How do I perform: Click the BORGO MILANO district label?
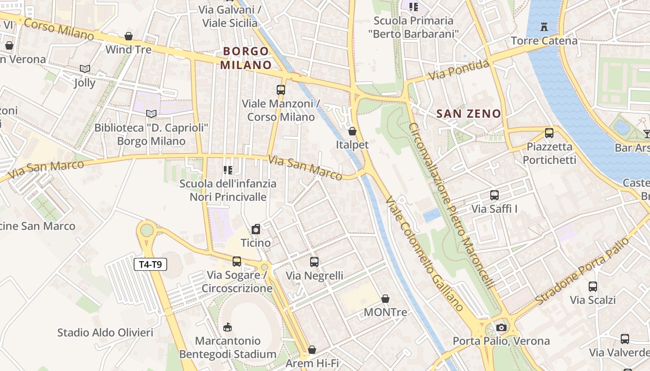[246, 58]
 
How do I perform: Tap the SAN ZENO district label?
[469, 114]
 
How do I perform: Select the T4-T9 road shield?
[150, 265]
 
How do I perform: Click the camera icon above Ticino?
[255, 229]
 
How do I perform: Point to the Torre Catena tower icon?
[544, 27]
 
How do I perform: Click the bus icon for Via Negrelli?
[314, 262]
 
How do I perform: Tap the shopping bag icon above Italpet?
[352, 131]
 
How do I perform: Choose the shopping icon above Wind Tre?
[129, 36]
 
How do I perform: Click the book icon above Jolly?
[84, 69]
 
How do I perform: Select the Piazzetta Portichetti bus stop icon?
[549, 133]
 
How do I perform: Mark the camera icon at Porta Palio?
[501, 327]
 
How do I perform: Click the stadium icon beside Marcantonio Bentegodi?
[227, 327]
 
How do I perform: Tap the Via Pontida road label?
[458, 70]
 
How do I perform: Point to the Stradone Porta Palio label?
[585, 272]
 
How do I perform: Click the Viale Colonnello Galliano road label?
[424, 253]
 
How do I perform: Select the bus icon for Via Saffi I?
[494, 195]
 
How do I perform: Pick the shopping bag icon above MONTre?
[385, 299]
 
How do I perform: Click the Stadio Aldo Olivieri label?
[105, 333]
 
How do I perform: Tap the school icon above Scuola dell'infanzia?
[227, 170]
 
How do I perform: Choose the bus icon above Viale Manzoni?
[281, 90]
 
